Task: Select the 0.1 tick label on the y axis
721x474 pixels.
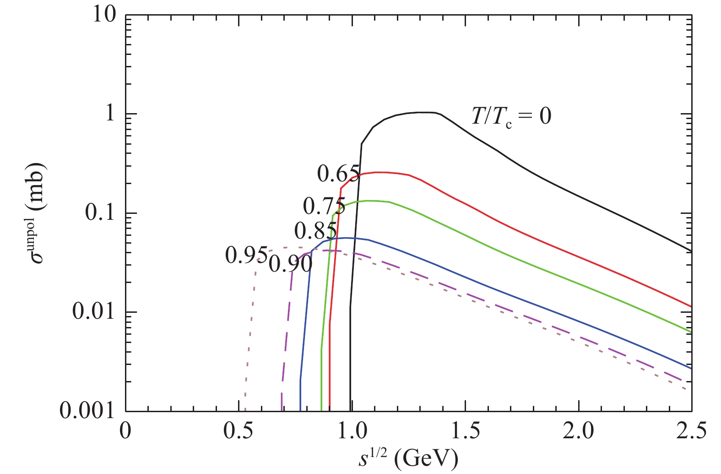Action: pyautogui.click(x=100, y=213)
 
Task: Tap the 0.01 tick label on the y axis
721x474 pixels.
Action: pyautogui.click(x=93, y=312)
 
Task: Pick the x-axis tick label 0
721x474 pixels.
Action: pyautogui.click(x=125, y=431)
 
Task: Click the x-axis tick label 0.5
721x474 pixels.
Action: pyautogui.click(x=239, y=431)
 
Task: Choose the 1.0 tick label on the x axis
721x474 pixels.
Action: pyautogui.click(x=352, y=431)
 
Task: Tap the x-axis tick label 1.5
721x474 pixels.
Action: pyautogui.click(x=465, y=431)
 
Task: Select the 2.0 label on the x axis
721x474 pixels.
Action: pyautogui.click(x=578, y=431)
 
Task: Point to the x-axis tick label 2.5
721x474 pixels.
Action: pyautogui.click(x=691, y=431)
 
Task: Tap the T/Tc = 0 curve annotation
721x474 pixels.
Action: pyautogui.click(x=511, y=116)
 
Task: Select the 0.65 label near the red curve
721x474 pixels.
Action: pyautogui.click(x=338, y=174)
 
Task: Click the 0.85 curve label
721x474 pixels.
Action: pyautogui.click(x=315, y=231)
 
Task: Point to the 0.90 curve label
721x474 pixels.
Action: pyautogui.click(x=290, y=264)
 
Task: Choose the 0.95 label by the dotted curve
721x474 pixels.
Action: pyautogui.click(x=246, y=256)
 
